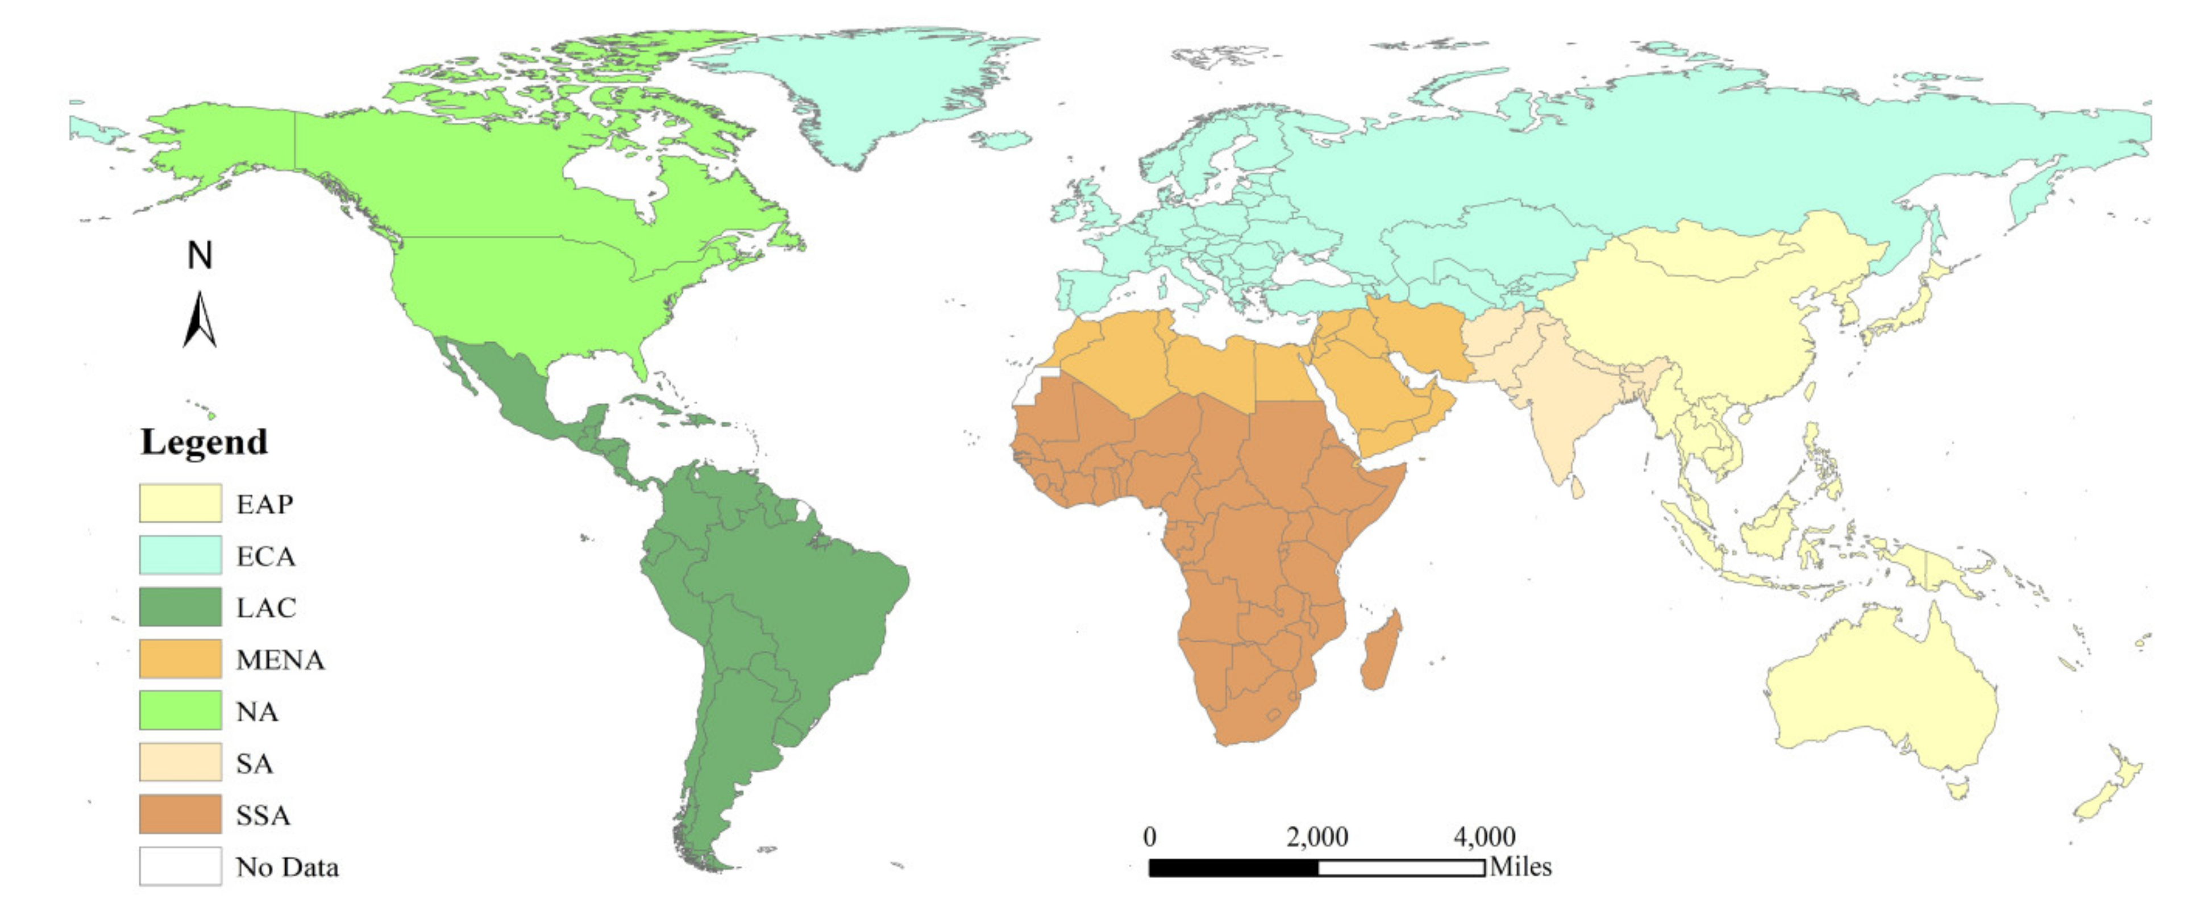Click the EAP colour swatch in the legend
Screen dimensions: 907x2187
[180, 503]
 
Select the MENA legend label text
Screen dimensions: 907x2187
[280, 660]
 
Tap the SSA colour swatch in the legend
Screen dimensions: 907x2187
[180, 814]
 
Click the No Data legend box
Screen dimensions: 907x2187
[180, 866]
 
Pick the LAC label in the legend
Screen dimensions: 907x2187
[266, 608]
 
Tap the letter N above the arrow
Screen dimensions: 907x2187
[199, 255]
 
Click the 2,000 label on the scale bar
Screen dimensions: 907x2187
[1317, 837]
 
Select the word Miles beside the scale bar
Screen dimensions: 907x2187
[1520, 867]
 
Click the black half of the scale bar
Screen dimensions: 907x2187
[1233, 868]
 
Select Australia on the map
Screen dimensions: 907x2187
[1885, 705]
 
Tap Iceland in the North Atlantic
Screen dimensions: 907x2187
[1002, 140]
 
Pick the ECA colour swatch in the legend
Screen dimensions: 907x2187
[180, 555]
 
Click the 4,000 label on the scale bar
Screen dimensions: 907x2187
[1484, 837]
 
